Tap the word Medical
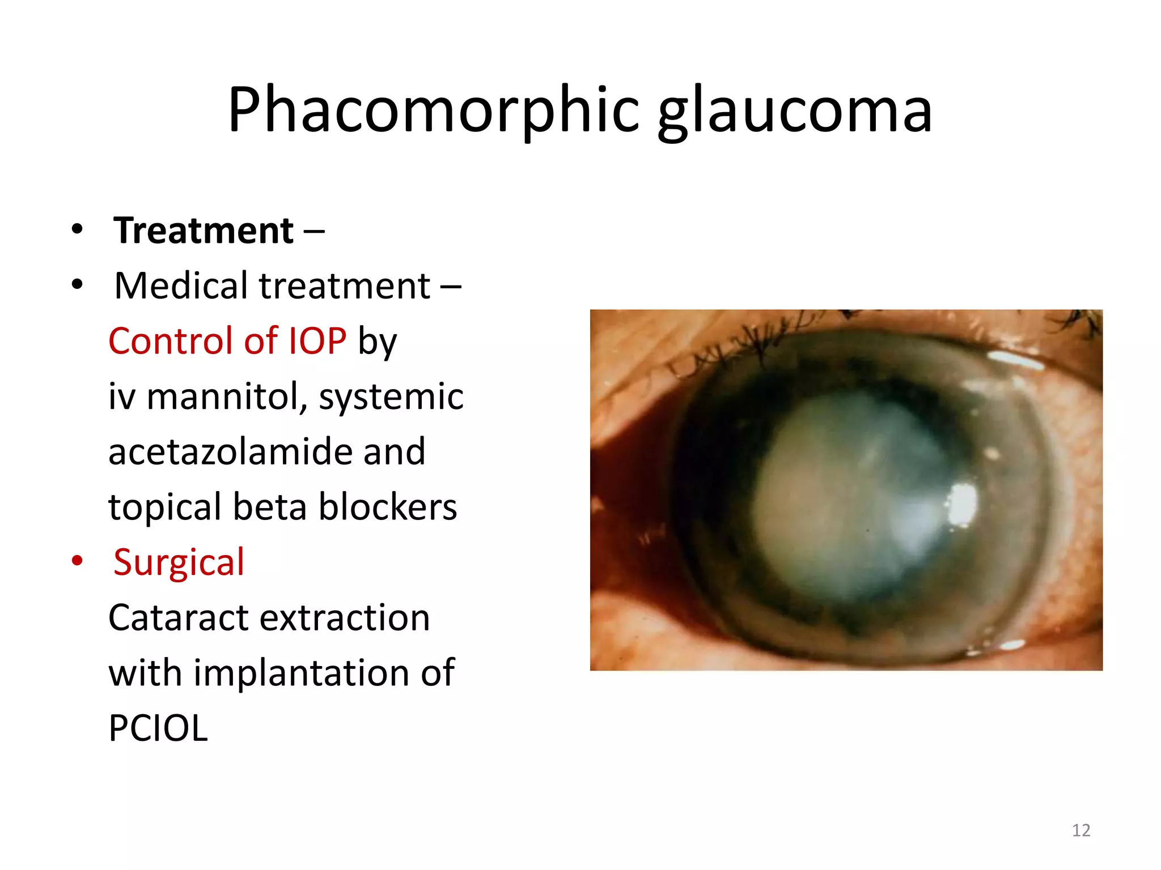pos(181,285)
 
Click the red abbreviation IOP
pos(317,341)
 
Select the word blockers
pos(388,506)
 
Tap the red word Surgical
pos(179,562)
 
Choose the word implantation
pos(301,673)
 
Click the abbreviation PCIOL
pos(158,728)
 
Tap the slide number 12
pos(1081,830)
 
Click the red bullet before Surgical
pos(77,561)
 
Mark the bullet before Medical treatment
pos(77,285)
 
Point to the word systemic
pos(391,396)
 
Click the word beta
pos(270,506)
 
